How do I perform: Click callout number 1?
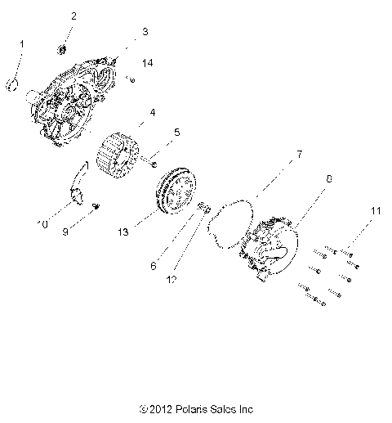coord(22,43)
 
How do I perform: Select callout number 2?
coord(73,16)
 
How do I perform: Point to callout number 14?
coord(147,63)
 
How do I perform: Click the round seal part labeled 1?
coord(14,84)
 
